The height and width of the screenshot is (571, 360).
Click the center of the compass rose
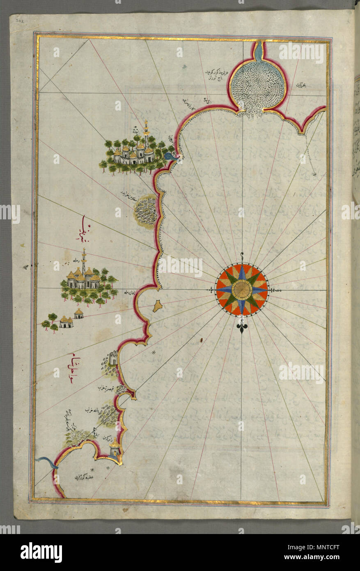[x=242, y=290]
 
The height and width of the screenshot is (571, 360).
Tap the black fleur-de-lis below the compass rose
[x=241, y=327]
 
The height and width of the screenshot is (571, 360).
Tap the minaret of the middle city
[x=84, y=261]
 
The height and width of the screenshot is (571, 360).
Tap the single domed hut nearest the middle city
[x=78, y=314]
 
